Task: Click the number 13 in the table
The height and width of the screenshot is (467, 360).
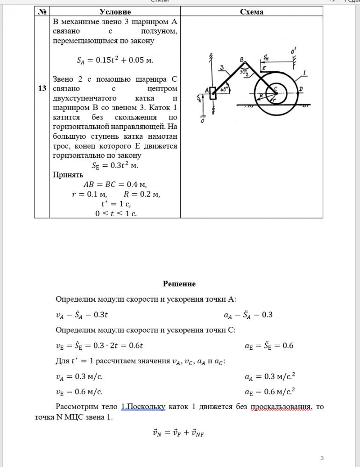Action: click(42, 88)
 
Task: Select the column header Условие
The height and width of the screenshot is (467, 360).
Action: click(115, 12)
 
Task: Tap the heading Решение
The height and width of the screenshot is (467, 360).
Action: click(179, 284)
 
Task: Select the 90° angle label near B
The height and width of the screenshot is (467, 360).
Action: click(243, 71)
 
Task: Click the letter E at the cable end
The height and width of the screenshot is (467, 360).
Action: click(264, 68)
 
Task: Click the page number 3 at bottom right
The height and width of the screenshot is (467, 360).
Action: click(322, 457)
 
